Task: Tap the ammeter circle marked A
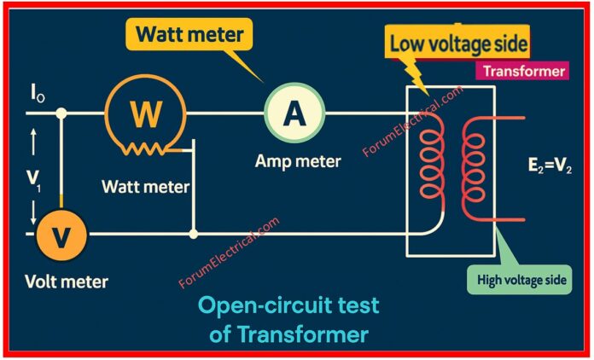click(294, 113)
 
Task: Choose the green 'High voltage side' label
click(519, 278)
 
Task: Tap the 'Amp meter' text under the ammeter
click(297, 160)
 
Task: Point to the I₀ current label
click(38, 92)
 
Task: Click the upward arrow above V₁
click(33, 142)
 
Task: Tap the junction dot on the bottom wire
click(195, 232)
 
